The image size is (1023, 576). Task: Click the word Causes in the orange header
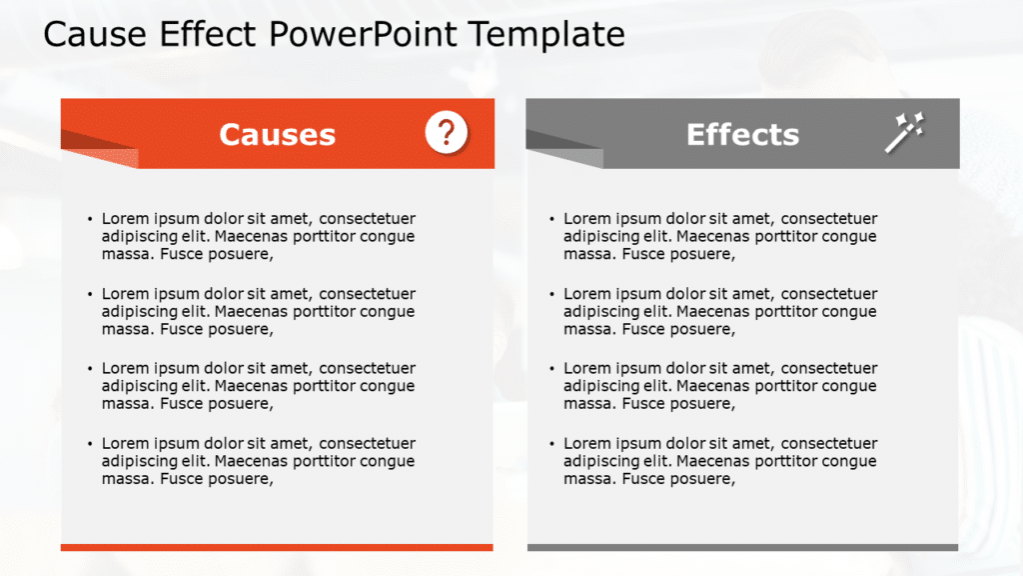click(x=277, y=135)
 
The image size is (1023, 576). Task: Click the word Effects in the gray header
click(x=742, y=135)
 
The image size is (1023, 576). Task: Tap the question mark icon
click(x=446, y=132)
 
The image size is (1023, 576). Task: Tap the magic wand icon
click(x=904, y=132)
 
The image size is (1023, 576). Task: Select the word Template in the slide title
click(x=547, y=34)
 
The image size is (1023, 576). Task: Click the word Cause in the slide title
click(x=96, y=34)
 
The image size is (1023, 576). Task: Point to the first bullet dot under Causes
click(x=90, y=219)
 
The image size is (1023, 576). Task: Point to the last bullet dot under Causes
click(x=90, y=443)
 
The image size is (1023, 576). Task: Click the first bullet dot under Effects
click(x=551, y=219)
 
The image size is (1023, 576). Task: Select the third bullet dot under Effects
click(x=551, y=369)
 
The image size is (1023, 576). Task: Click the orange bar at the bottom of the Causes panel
click(x=277, y=547)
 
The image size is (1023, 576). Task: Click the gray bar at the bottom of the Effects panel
click(x=742, y=547)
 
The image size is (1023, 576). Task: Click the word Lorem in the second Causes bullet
click(x=126, y=294)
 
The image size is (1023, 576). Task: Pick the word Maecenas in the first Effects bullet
click(x=712, y=237)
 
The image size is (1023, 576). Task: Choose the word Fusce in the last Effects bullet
click(x=644, y=479)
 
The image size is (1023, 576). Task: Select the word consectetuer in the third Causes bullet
click(x=367, y=368)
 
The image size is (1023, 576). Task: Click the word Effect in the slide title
click(x=211, y=34)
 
